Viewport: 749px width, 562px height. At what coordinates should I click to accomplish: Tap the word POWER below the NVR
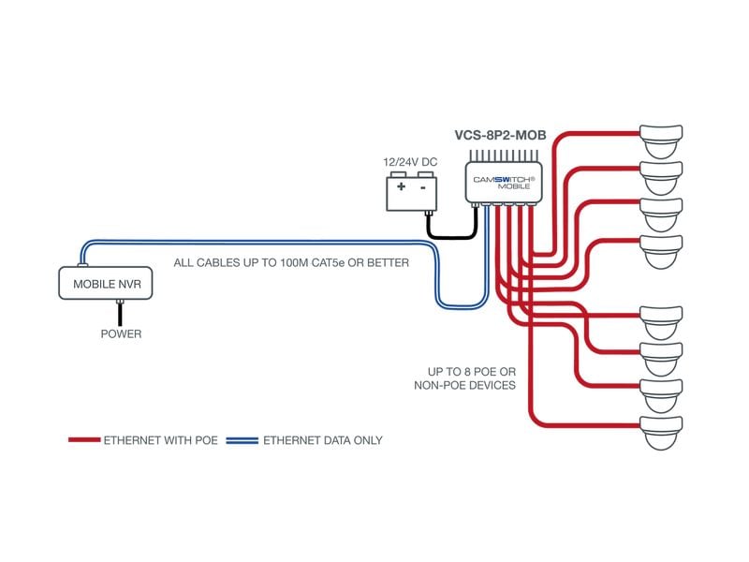(121, 333)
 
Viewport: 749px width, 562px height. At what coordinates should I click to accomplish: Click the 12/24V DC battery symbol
(413, 193)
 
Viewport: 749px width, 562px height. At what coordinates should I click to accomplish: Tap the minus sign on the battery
(423, 187)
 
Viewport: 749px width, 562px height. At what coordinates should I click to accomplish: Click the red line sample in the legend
(83, 439)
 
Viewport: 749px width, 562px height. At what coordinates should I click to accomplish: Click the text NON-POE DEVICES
(465, 385)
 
